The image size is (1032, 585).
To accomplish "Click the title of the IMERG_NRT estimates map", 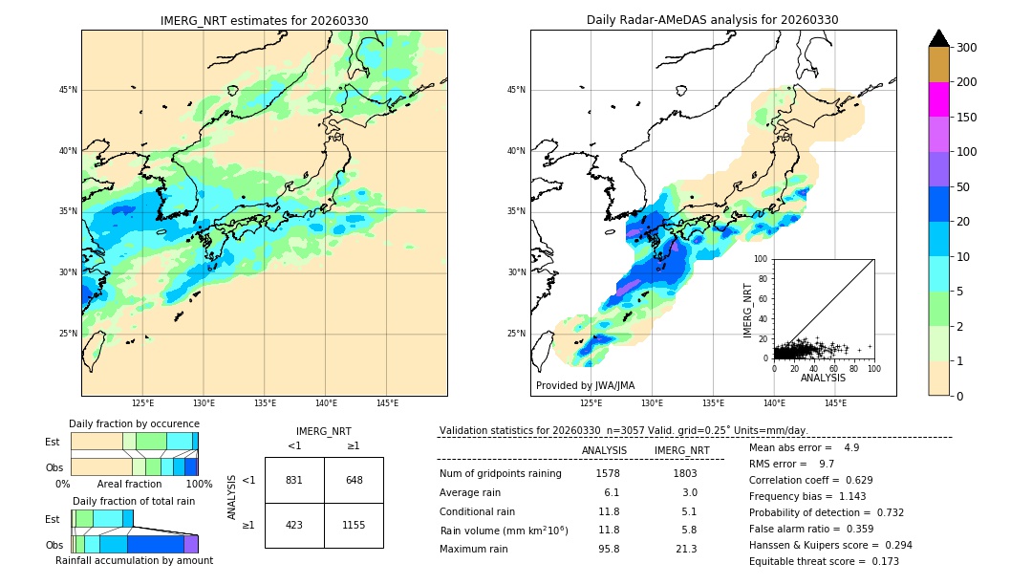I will (264, 20).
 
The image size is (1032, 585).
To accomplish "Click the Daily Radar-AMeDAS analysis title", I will (713, 20).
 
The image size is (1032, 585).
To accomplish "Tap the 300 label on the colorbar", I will (967, 48).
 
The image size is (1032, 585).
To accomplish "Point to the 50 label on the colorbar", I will (964, 187).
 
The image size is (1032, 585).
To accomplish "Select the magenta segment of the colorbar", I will (939, 99).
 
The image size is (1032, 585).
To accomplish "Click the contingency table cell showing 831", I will (294, 480).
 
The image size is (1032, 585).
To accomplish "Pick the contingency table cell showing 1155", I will (354, 525).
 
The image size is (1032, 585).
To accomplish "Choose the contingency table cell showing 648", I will (354, 480).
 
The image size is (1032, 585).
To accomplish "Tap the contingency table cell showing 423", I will (294, 525).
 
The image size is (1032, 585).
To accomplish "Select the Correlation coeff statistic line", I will (810, 480).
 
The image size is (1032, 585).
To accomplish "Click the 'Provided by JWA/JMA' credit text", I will (585, 386).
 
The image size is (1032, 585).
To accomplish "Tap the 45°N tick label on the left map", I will (68, 90).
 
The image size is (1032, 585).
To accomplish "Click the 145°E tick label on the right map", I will (835, 403).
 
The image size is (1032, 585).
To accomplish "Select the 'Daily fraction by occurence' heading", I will (134, 423).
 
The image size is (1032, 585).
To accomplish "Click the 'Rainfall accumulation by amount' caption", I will (134, 560).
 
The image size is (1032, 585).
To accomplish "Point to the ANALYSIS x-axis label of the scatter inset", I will (823, 378).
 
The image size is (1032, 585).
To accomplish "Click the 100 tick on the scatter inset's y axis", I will (762, 259).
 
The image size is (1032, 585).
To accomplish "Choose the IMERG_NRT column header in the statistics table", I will (681, 450).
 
